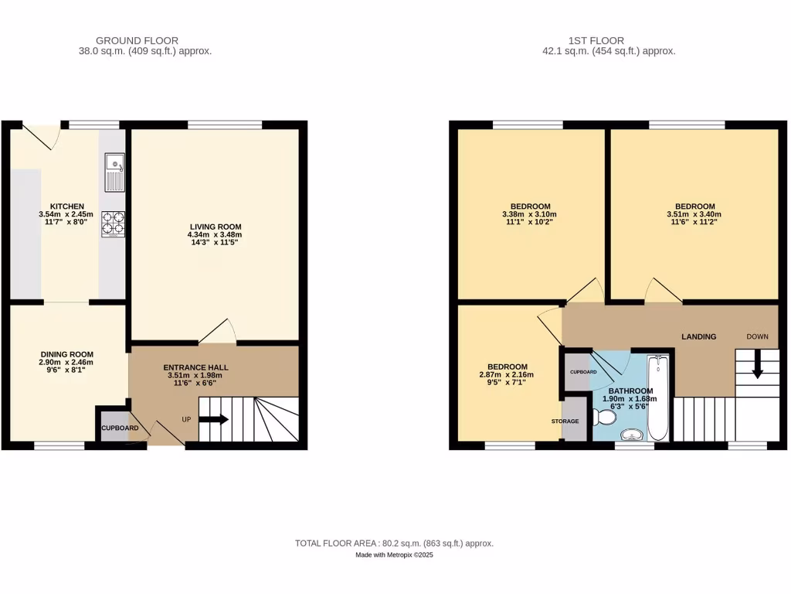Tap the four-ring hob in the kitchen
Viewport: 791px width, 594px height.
tap(113, 224)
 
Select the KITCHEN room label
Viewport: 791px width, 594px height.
tap(67, 207)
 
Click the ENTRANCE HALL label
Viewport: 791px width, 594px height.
tap(195, 367)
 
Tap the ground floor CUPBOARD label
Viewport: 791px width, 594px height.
tap(120, 428)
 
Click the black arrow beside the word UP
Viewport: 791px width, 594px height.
tap(213, 420)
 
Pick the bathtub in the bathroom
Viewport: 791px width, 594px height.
tap(659, 397)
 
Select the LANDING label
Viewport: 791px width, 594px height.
tap(698, 336)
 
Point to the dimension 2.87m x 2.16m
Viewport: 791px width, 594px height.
tap(508, 375)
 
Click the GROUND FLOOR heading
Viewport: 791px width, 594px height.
tap(137, 40)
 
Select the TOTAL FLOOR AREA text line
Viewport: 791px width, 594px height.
tap(394, 544)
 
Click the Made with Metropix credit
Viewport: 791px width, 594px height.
tap(395, 555)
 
